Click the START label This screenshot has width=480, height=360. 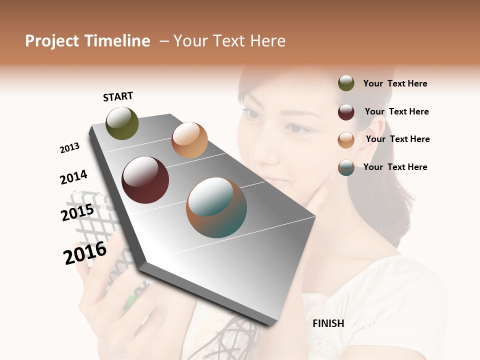[118, 96]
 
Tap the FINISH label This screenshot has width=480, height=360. [328, 323]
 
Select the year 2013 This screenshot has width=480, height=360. [69, 148]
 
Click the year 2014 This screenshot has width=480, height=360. [73, 177]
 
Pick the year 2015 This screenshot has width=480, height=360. [77, 212]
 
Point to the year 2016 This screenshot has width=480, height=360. [85, 253]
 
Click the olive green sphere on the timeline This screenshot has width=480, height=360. [122, 123]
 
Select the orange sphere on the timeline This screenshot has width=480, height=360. [189, 140]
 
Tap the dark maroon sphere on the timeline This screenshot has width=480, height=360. [145, 180]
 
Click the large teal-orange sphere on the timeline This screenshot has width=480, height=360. [216, 207]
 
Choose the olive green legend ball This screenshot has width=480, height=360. [346, 83]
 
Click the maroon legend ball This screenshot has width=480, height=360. [346, 111]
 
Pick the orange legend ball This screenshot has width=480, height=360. [346, 139]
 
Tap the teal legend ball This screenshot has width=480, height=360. [346, 167]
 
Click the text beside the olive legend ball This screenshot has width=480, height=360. [395, 83]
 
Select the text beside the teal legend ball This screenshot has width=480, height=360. [395, 167]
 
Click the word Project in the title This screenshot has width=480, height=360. [51, 41]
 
